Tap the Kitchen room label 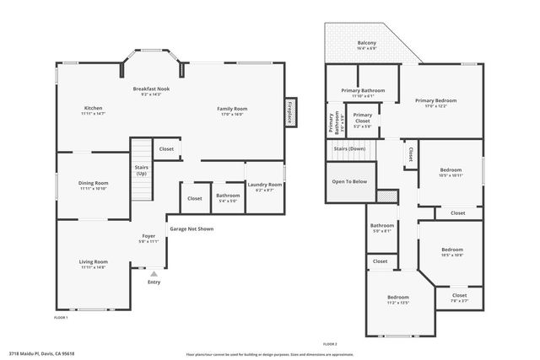click(93, 108)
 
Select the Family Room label click(232, 109)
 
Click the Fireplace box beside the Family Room click(290, 112)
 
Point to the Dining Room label click(94, 183)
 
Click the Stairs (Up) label click(141, 169)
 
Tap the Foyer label click(148, 237)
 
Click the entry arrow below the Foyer click(154, 273)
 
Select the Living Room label click(93, 262)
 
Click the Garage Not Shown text click(191, 228)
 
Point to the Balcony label click(366, 43)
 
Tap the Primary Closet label click(363, 118)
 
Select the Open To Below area click(348, 181)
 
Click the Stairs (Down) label click(348, 148)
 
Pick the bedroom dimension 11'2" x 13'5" click(397, 303)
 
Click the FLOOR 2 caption click(330, 344)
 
